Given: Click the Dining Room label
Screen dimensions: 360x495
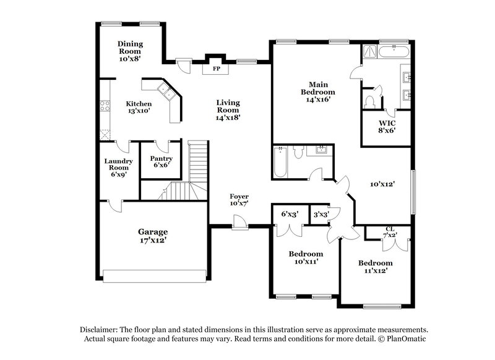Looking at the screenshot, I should tap(131, 51).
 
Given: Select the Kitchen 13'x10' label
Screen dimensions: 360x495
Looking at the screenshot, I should tap(139, 107).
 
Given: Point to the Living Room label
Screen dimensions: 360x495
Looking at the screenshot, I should tap(228, 109).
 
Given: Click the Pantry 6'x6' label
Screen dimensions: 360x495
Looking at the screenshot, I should tap(161, 162).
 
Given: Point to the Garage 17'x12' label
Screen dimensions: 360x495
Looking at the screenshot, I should tap(152, 236).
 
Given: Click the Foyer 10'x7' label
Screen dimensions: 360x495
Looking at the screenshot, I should tap(239, 200).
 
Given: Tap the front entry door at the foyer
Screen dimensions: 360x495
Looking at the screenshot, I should tap(239, 222).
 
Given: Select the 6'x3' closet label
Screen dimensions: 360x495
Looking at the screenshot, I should tap(290, 214).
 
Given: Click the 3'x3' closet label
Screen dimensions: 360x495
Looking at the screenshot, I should tap(321, 214).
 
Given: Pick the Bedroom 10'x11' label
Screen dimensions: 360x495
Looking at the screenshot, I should tap(306, 257).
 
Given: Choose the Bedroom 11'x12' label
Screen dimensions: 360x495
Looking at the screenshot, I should tap(376, 267).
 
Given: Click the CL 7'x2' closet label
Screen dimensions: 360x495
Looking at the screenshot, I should tap(390, 233).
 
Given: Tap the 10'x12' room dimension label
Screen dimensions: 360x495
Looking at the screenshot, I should tap(383, 184).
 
